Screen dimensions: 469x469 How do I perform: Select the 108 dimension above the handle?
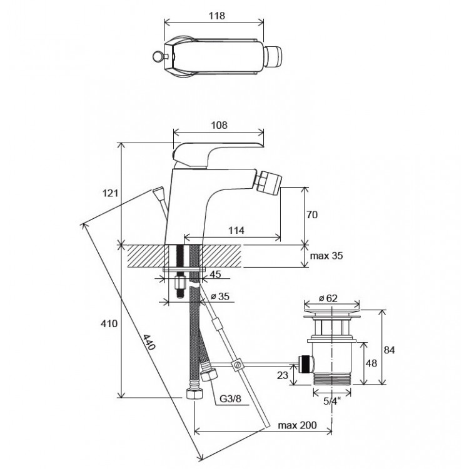click(x=218, y=124)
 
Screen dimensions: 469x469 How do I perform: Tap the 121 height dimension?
click(x=110, y=193)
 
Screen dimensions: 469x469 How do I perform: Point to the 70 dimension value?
click(x=313, y=214)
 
